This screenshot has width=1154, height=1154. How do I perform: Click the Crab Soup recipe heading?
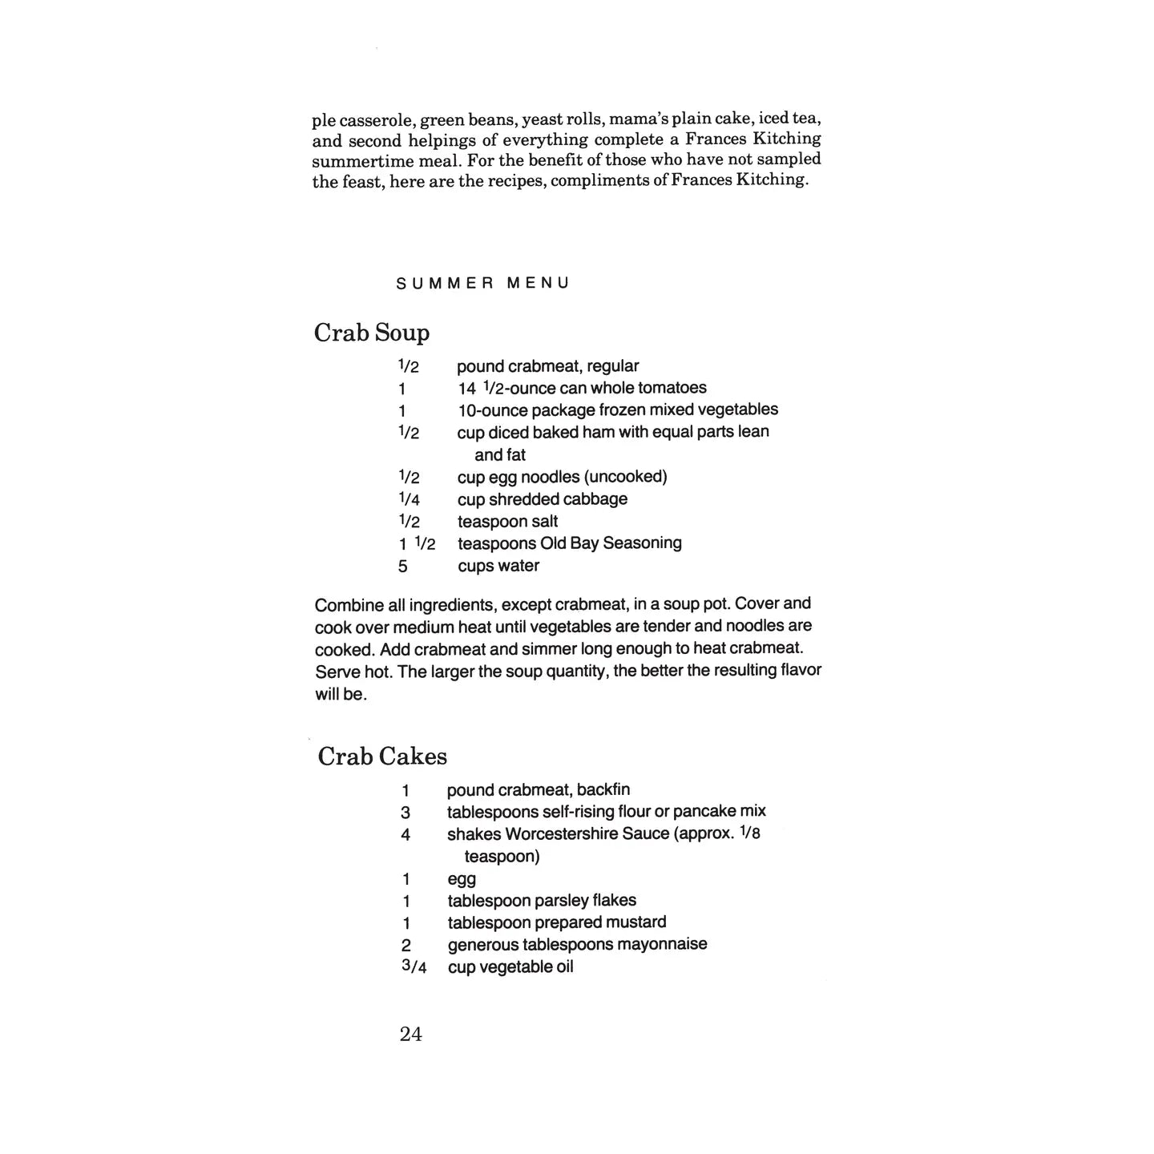[372, 333]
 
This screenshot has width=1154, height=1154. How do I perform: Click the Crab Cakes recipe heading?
[382, 756]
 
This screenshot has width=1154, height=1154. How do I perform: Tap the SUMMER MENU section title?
[482, 283]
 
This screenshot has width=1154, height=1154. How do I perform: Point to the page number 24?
[410, 1035]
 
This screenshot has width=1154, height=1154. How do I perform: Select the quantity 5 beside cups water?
[402, 567]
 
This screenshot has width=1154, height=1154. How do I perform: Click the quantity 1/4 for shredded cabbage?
[409, 499]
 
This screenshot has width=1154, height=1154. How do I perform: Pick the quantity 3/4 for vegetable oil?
[414, 966]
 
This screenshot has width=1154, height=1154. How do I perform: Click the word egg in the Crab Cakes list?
[462, 879]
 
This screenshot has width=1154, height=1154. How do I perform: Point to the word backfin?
[603, 790]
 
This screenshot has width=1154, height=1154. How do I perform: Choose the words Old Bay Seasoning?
[611, 543]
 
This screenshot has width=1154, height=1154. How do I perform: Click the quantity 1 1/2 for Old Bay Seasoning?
[417, 544]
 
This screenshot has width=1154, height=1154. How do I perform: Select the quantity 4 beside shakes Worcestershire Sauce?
[406, 835]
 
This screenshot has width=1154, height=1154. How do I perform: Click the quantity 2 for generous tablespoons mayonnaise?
[406, 946]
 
